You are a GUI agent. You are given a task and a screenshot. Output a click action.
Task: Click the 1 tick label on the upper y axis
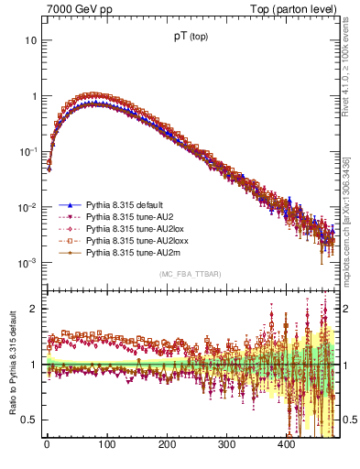point(33,96)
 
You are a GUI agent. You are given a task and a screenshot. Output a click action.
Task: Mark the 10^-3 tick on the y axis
point(27,263)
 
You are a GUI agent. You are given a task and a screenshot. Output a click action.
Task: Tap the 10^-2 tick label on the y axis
point(27,208)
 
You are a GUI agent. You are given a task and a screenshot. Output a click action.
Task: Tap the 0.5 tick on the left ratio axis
point(30,420)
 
